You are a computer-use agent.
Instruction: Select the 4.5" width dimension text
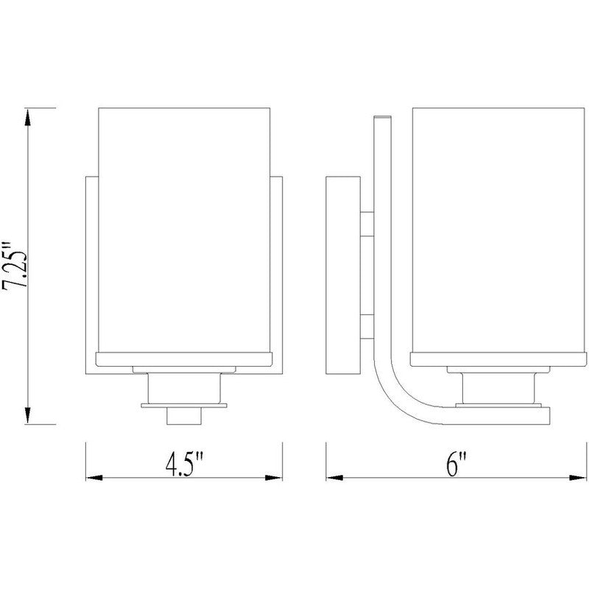pos(184,466)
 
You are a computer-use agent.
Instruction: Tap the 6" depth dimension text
pos(456,466)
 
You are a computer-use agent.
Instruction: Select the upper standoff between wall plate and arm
pos(366,222)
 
